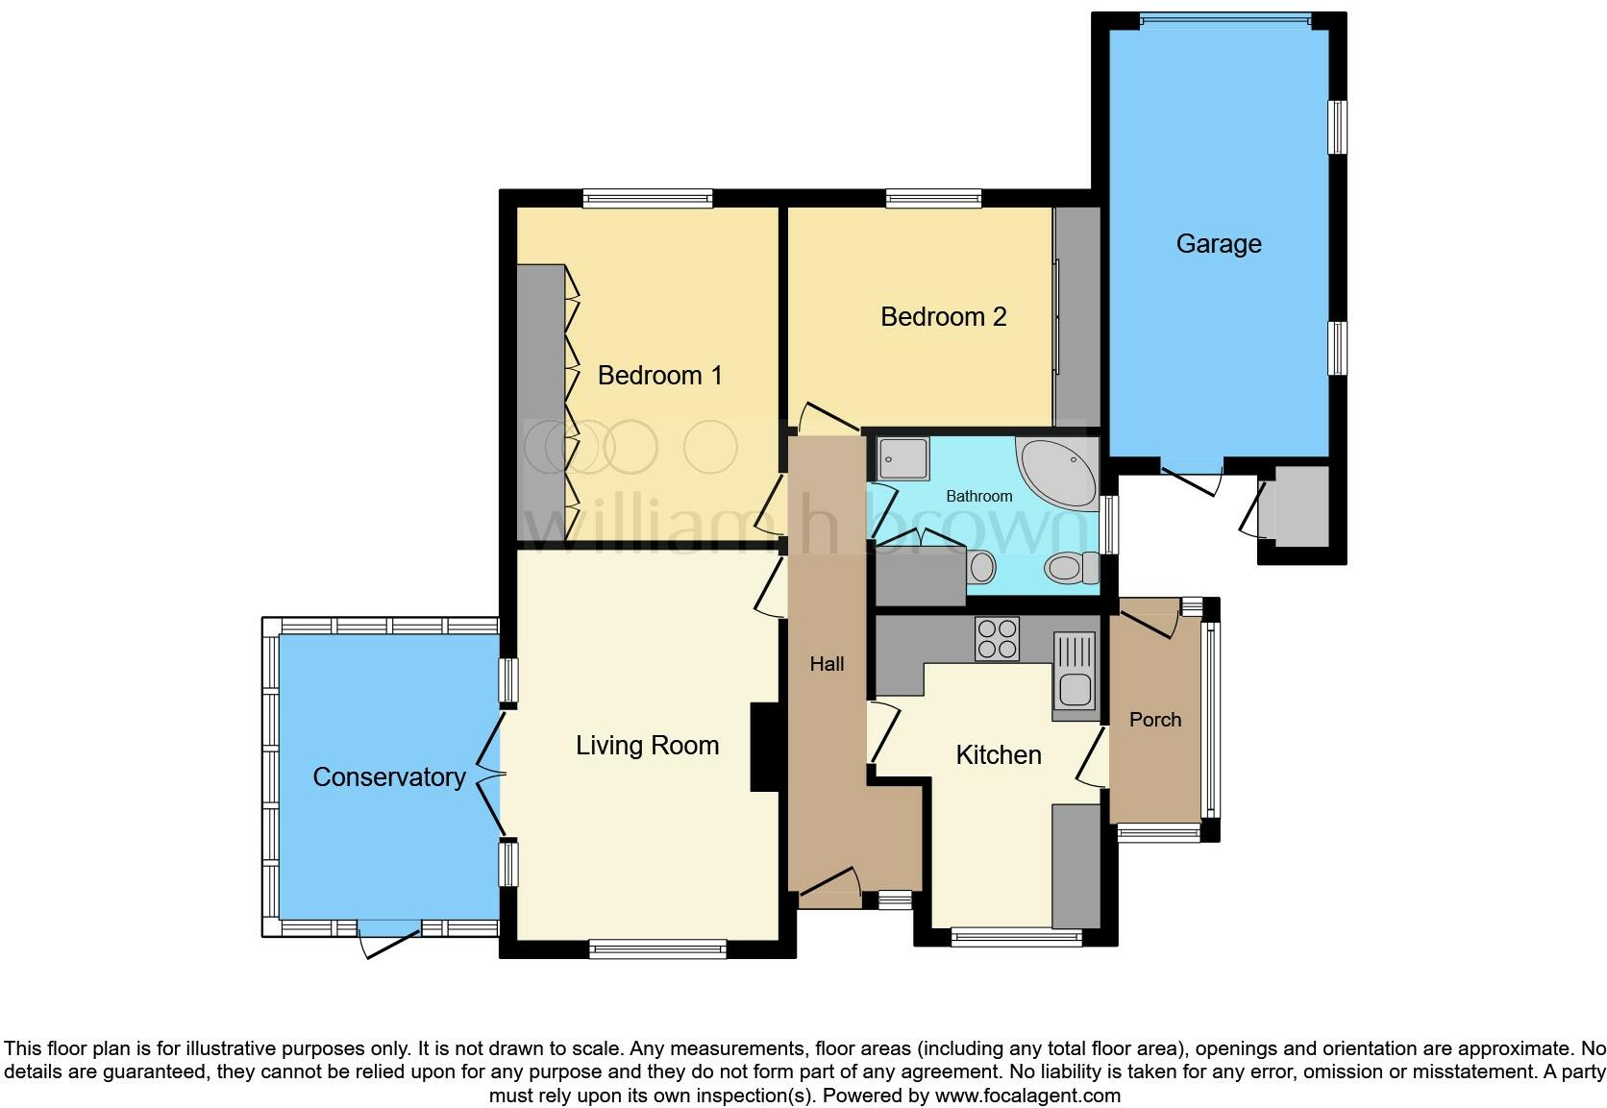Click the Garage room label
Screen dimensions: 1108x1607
click(x=1218, y=243)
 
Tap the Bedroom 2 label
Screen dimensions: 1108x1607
click(x=943, y=316)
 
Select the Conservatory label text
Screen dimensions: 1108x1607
click(x=388, y=776)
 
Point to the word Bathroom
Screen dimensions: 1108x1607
click(x=978, y=496)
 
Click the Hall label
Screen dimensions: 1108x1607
click(x=827, y=663)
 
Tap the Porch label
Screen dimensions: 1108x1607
click(x=1154, y=719)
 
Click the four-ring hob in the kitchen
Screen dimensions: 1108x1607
click(x=997, y=639)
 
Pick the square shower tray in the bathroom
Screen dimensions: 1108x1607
click(x=902, y=458)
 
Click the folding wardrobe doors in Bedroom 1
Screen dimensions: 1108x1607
click(x=573, y=404)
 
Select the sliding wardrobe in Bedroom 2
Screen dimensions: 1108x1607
click(x=1075, y=317)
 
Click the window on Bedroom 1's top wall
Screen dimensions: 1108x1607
click(x=647, y=198)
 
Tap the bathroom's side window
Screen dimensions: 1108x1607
click(x=1110, y=524)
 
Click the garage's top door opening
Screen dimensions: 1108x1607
click(x=1224, y=17)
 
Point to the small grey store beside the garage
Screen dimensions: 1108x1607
click(x=1298, y=506)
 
